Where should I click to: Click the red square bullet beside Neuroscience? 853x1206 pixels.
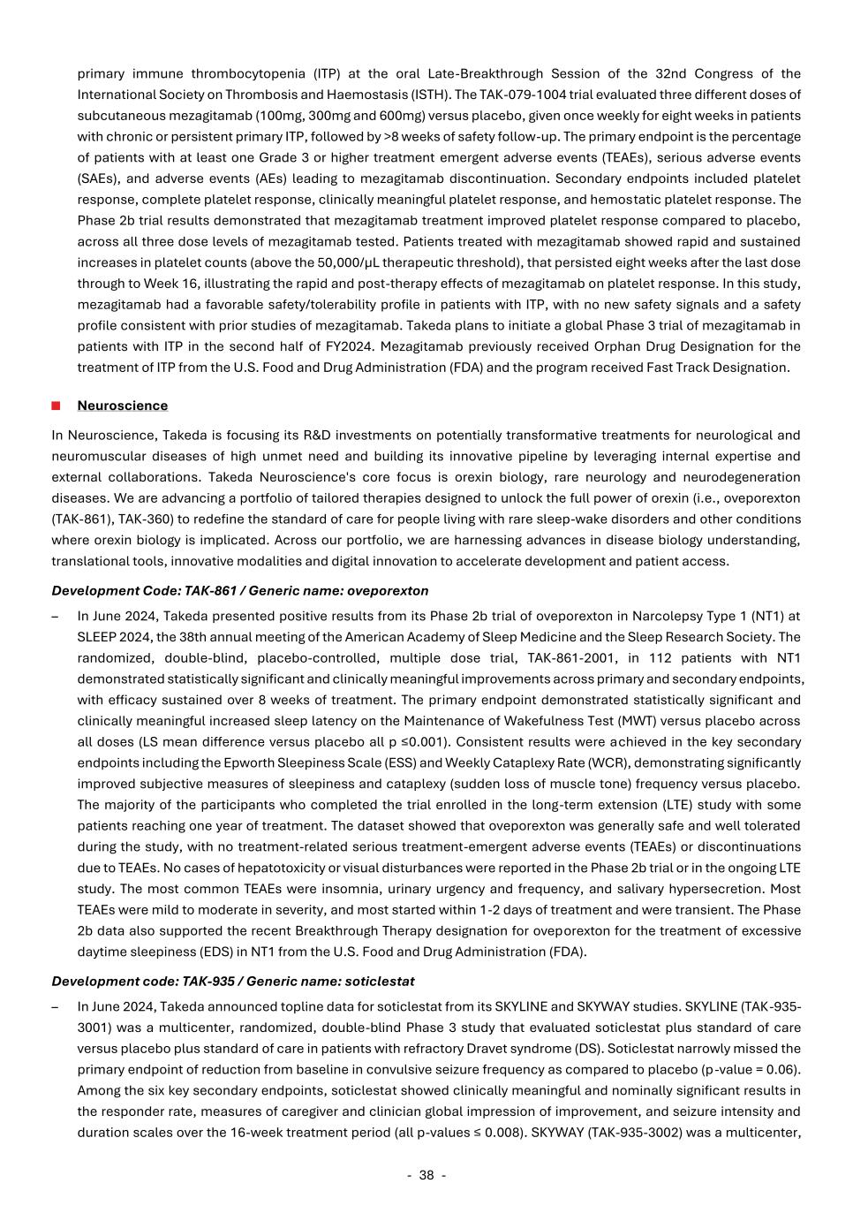click(56, 406)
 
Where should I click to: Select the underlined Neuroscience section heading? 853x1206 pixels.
click(122, 406)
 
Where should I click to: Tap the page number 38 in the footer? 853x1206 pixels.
click(426, 1175)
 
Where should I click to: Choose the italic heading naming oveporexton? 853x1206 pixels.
click(239, 590)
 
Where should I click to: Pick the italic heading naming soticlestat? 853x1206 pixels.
click(232, 981)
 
